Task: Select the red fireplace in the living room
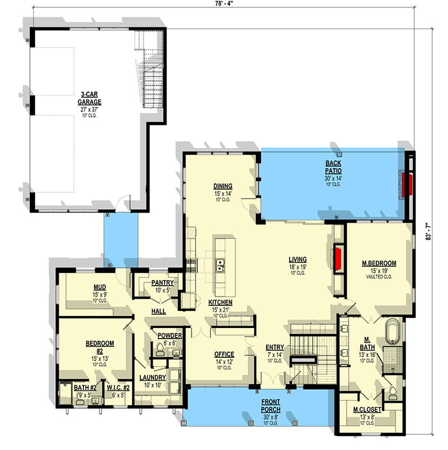[338, 258]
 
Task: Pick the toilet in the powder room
[160, 352]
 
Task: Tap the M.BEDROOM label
[379, 263]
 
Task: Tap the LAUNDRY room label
[153, 377]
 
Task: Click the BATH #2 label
[86, 387]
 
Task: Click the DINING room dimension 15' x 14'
[223, 193]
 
